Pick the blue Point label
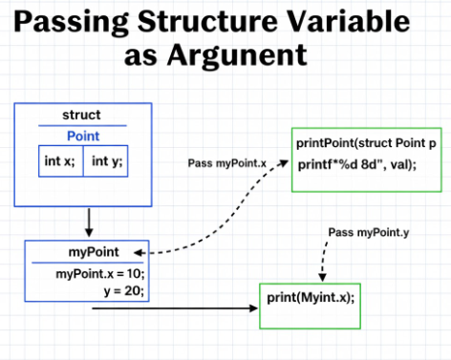pos(82,137)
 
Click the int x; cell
pos(60,159)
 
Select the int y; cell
pos(107,159)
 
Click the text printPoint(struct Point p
pos(364,142)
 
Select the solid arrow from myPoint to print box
pos(191,309)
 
